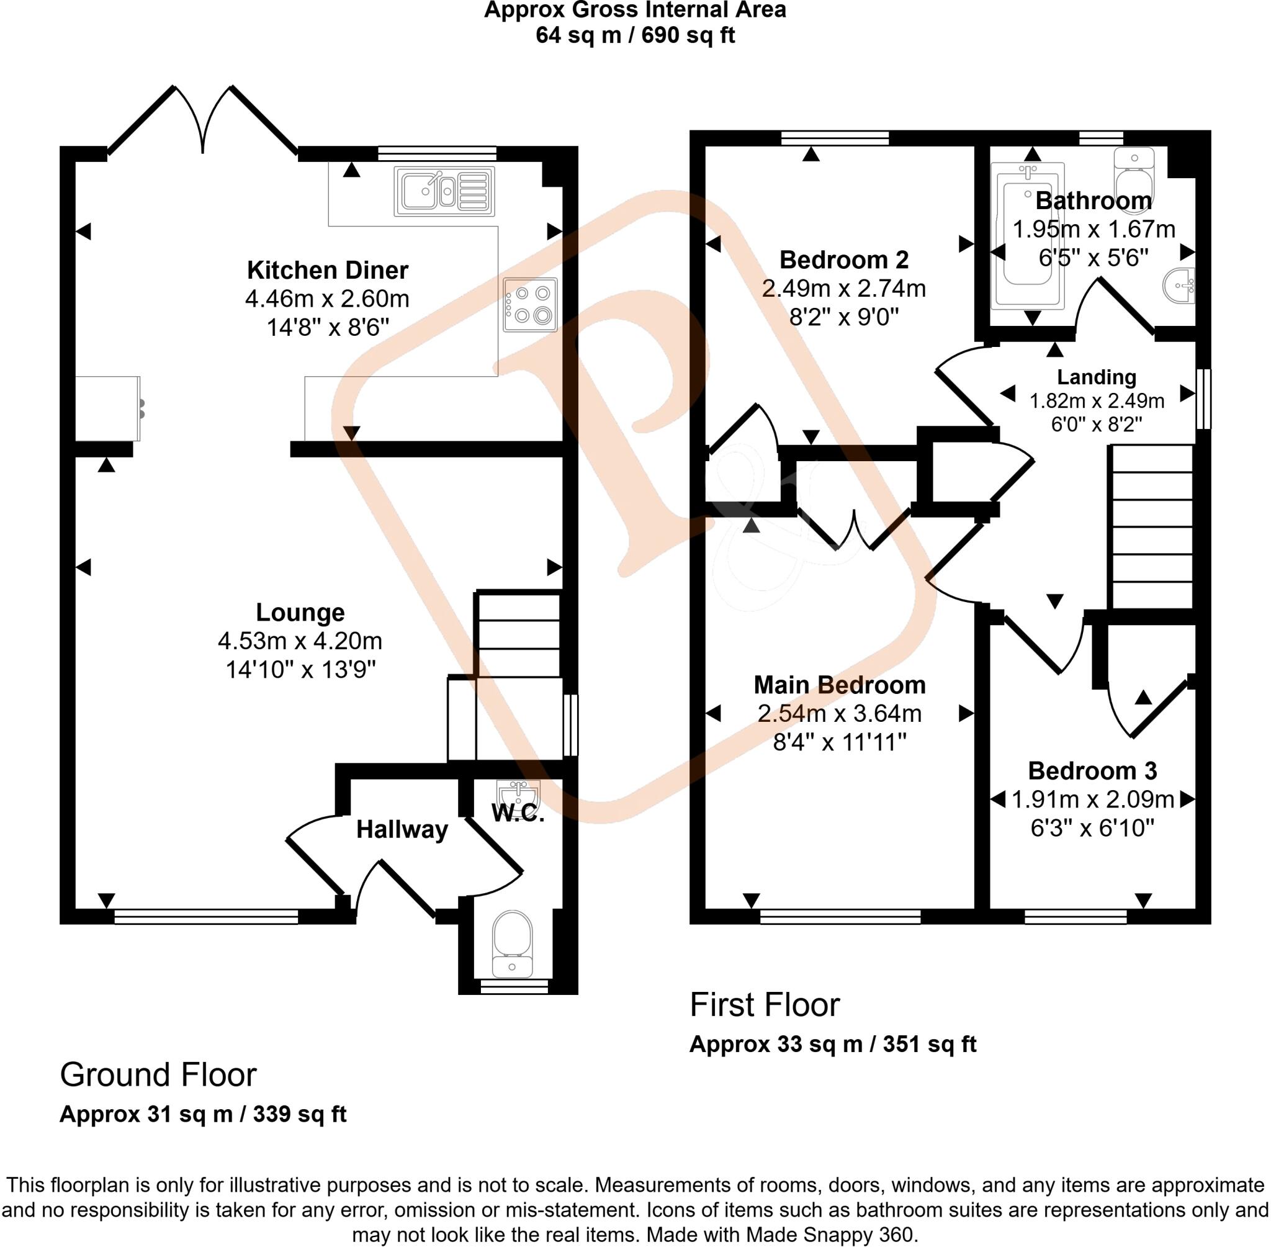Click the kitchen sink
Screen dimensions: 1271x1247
[x=443, y=191]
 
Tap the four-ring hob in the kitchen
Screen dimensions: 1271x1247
[x=531, y=305]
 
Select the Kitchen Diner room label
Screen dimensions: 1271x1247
[x=328, y=270]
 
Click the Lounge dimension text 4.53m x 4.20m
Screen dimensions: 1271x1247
[x=300, y=641]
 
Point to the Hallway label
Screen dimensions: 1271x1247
[x=402, y=830]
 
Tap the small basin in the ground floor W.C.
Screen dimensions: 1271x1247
[x=518, y=795]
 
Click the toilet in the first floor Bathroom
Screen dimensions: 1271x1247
[x=1136, y=174]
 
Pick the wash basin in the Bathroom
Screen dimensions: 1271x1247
[x=1179, y=285]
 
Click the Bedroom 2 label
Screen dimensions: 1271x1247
[x=844, y=260]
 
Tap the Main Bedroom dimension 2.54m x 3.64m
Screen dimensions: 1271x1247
[x=840, y=713]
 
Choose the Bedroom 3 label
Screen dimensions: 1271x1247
[x=1092, y=771]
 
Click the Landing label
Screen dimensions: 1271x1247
[x=1097, y=377]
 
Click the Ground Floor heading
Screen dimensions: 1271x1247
[x=158, y=1074]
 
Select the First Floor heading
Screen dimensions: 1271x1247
[x=764, y=1006]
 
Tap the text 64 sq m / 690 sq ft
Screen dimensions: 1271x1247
[x=635, y=35]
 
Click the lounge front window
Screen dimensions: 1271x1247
[x=205, y=916]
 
